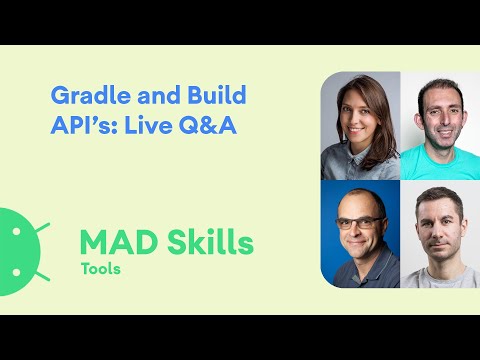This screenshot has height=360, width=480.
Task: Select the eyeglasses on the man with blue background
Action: click(358, 222)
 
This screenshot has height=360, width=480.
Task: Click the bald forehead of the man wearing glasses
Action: click(358, 203)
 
